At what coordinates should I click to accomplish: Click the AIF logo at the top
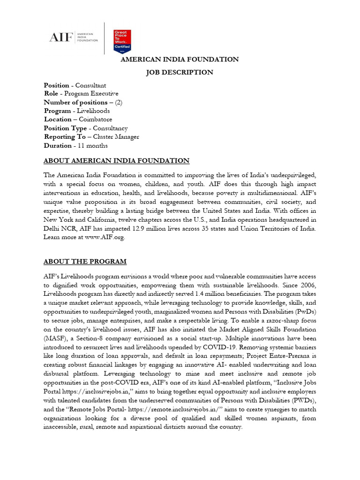point(74,37)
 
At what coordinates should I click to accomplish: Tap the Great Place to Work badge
point(122,41)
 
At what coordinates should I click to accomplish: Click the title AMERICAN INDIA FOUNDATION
point(180,60)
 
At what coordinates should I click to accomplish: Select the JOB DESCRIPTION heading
point(180,72)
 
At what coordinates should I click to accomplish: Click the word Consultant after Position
point(91,85)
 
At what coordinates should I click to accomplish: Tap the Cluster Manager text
point(116,137)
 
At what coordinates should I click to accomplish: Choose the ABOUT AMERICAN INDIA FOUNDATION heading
point(116,161)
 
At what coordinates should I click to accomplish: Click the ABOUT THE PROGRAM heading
point(85,262)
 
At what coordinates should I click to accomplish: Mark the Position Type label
point(65,128)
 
